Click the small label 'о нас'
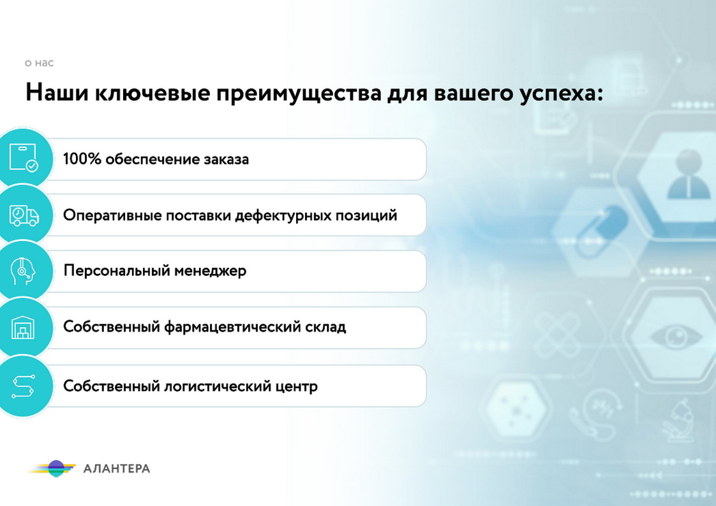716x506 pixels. [x=39, y=63]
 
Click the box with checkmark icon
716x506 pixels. [x=23, y=157]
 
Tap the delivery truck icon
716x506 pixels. [x=24, y=215]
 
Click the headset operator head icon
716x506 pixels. [x=23, y=271]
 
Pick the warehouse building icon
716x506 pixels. [x=23, y=328]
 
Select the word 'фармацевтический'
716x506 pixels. [x=236, y=328]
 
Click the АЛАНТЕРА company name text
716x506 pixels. [x=117, y=469]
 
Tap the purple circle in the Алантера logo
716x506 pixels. [x=57, y=468]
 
